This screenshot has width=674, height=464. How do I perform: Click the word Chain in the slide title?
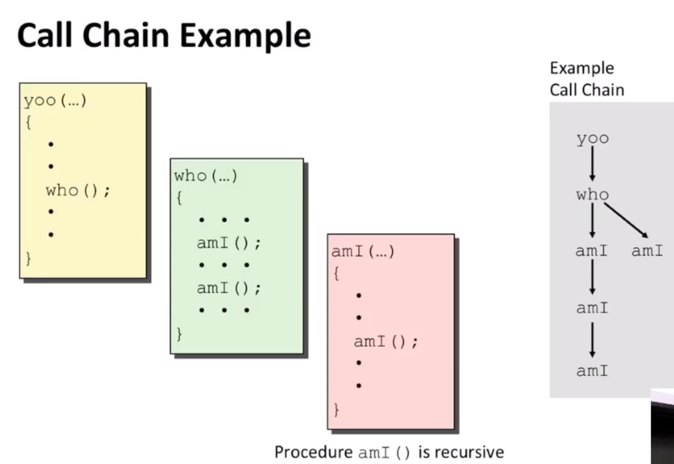[126, 35]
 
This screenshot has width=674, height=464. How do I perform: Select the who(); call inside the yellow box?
[78, 191]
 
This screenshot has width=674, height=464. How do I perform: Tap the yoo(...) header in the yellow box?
[55, 101]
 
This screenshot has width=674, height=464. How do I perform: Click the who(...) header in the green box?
[206, 176]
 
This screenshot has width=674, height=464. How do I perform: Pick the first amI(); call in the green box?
[229, 243]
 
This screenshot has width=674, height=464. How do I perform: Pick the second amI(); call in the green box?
[229, 288]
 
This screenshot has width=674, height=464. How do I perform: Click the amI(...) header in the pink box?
[362, 251]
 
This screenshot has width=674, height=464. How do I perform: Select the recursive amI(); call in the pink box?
[386, 342]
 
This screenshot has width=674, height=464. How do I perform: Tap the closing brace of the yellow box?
[28, 259]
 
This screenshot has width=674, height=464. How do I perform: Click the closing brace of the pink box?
[336, 410]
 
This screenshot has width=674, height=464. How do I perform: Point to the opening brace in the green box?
[179, 198]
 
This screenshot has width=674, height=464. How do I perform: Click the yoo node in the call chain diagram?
[593, 139]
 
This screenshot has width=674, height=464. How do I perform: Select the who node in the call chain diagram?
[593, 194]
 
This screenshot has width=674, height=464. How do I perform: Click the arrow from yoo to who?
[592, 163]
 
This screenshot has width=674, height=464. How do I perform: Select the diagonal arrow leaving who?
[626, 220]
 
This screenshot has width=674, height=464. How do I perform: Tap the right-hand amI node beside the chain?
[647, 250]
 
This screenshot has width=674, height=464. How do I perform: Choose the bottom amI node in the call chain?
[592, 371]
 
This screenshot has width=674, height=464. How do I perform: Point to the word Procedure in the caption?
[314, 452]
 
